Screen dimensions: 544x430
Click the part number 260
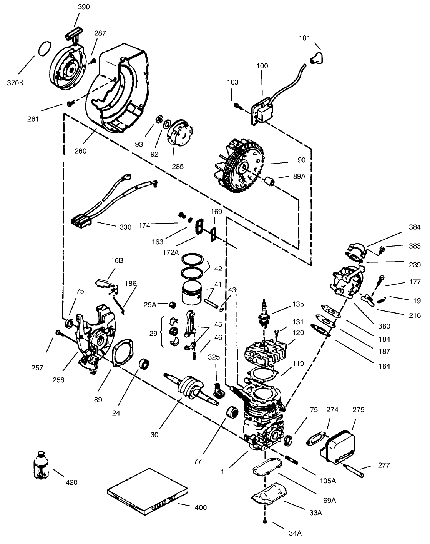[x=81, y=151]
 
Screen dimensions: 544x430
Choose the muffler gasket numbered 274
[x=316, y=439]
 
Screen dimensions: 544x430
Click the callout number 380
[x=384, y=326]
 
